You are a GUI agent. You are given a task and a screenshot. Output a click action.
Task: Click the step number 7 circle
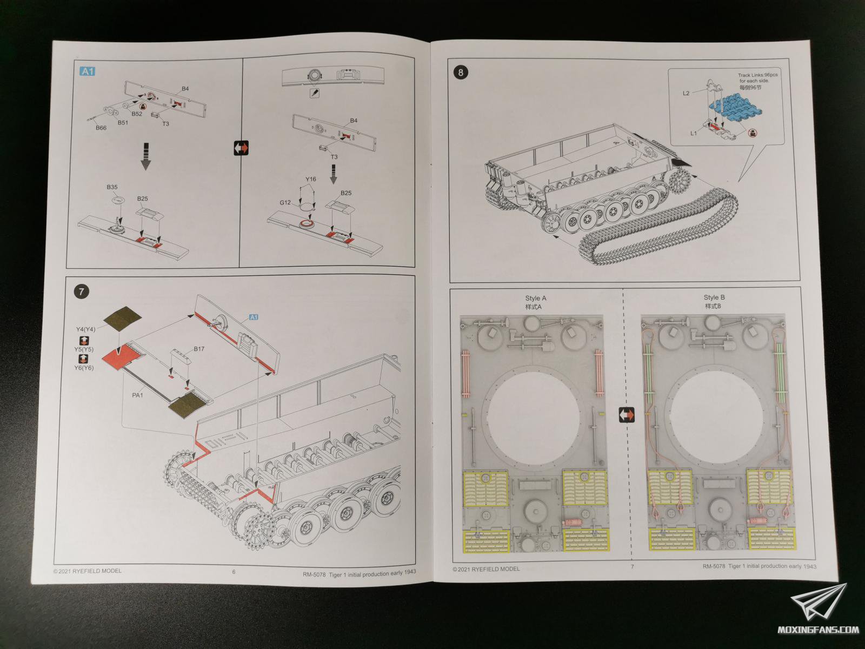[x=81, y=292]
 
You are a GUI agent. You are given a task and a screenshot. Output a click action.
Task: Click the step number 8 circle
[x=460, y=72]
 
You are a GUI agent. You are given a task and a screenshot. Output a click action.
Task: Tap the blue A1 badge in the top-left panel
[x=87, y=71]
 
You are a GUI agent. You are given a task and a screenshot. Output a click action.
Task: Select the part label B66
[x=101, y=128]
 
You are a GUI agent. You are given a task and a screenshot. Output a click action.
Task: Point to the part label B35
[x=112, y=187]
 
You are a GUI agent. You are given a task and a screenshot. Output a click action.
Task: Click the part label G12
[x=285, y=203]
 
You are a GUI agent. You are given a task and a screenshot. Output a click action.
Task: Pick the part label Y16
[x=310, y=179]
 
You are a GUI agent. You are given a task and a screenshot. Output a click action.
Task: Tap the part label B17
[x=199, y=349]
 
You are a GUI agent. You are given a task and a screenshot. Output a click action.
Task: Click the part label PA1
[x=138, y=395]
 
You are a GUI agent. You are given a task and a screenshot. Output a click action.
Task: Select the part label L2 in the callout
[x=686, y=94]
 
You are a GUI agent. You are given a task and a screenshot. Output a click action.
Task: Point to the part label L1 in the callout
[x=694, y=133]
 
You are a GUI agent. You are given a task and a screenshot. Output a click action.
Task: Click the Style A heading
[x=536, y=298]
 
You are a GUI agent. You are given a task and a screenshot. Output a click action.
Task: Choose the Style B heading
[x=714, y=297]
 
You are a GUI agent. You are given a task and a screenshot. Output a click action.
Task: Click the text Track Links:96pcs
[x=757, y=75]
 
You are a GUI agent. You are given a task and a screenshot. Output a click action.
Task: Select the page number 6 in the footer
[x=234, y=572]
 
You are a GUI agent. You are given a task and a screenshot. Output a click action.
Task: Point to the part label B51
[x=123, y=122]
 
